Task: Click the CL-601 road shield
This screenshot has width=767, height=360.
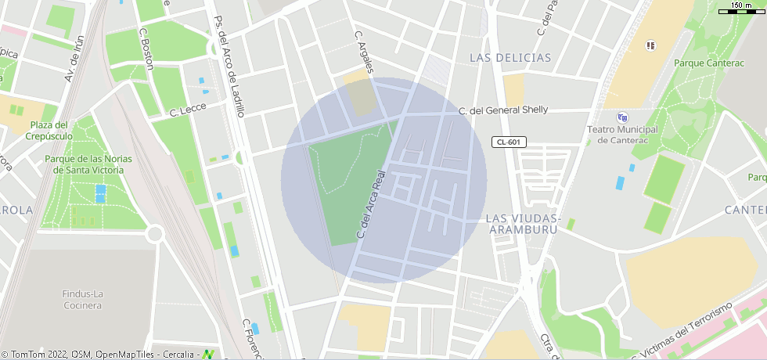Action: pos(509,142)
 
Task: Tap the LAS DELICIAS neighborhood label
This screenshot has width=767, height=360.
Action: pos(510,58)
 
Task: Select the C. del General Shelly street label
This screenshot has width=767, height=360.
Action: pos(503,110)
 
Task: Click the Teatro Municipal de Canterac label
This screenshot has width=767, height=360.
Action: pos(623,135)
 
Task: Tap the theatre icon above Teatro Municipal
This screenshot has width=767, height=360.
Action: pos(622,117)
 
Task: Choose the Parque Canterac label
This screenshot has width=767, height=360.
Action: pos(708,63)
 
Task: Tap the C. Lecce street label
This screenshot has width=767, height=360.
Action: pos(187,111)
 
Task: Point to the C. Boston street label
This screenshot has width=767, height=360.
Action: pos(146,49)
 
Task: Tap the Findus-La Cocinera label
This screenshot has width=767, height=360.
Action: pos(82,299)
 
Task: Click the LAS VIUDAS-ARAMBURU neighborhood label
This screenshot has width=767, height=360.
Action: pos(523,223)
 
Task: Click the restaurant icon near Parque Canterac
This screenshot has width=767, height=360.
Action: pos(650,45)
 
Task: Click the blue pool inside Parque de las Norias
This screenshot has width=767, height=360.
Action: pos(100,193)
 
